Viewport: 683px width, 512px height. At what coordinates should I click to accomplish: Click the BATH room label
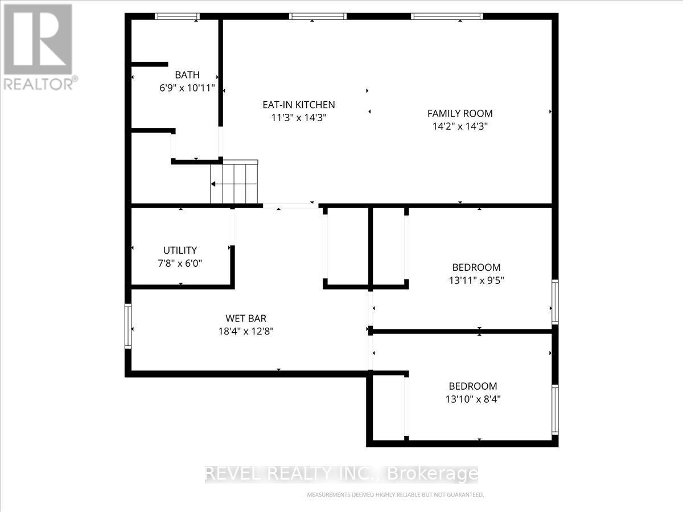click(187, 75)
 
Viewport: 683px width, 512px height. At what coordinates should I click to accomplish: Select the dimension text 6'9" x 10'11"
click(187, 88)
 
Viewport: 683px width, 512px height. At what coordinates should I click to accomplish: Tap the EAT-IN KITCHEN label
click(298, 105)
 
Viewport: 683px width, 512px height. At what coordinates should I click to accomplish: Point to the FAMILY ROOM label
click(460, 113)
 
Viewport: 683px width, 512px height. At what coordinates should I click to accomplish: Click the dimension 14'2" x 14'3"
click(460, 126)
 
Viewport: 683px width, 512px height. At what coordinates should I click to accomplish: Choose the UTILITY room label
click(180, 250)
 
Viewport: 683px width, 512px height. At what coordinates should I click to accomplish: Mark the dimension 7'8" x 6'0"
click(180, 263)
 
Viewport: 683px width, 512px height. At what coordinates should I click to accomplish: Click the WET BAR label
click(246, 319)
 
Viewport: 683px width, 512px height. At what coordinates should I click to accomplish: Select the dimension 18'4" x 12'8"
click(246, 332)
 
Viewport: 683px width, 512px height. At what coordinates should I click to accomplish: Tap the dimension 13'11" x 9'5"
click(476, 280)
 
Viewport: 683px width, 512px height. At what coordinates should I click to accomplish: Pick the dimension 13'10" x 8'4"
click(472, 399)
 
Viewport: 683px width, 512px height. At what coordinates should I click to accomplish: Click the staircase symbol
click(234, 183)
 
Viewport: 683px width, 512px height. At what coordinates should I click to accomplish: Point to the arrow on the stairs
click(213, 184)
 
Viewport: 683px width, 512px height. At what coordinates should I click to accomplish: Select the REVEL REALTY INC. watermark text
click(341, 474)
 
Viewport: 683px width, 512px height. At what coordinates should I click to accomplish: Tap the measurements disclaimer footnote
click(395, 495)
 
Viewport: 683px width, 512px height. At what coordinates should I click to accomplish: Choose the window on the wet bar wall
click(128, 326)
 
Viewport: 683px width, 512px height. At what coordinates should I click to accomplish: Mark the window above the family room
click(447, 16)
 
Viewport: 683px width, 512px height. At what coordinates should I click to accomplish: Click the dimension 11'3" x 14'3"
click(298, 118)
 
